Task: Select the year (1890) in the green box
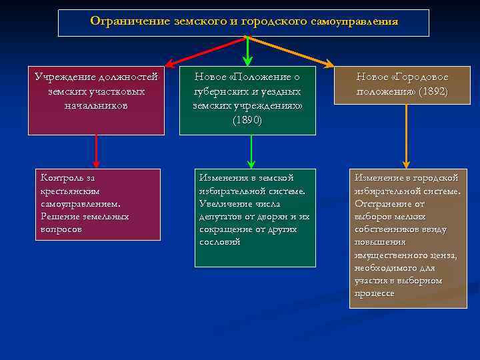point(247,121)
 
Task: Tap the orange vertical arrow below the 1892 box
point(406,136)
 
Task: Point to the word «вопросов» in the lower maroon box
point(61,229)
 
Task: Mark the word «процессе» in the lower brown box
point(374,293)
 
